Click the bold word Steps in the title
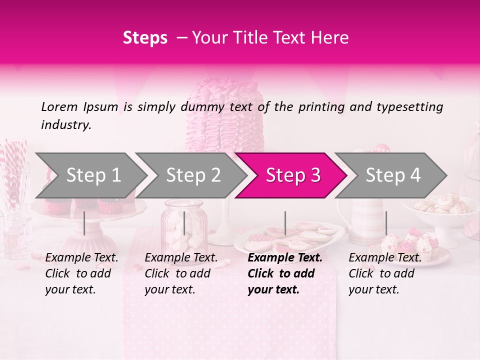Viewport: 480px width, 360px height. coord(145,38)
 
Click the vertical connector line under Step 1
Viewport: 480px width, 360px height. coord(84,223)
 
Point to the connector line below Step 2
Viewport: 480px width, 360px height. coord(184,223)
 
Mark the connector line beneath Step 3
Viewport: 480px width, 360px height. coord(285,223)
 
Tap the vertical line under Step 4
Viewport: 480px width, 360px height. coord(386,223)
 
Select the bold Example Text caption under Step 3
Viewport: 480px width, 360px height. coord(285,273)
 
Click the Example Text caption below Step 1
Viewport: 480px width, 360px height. coord(81,273)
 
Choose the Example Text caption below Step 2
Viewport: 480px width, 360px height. coord(181,273)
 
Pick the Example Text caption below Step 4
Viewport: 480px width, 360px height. coord(385,273)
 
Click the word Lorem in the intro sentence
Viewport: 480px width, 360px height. coord(59,106)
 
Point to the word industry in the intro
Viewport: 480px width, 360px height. coord(66,124)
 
